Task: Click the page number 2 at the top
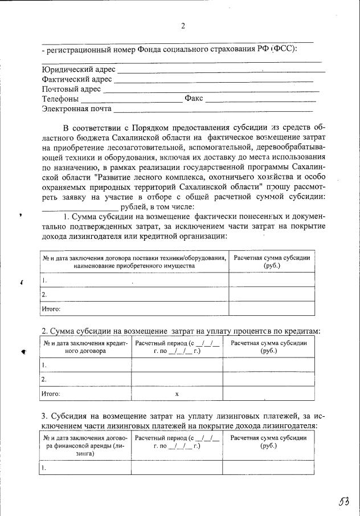[183, 25]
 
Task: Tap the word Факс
[194, 99]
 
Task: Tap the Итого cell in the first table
[51, 309]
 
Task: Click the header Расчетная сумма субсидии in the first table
[272, 262]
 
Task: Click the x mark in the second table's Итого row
[177, 394]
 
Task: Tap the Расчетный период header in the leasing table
[177, 441]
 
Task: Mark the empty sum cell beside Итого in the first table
[272, 308]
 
